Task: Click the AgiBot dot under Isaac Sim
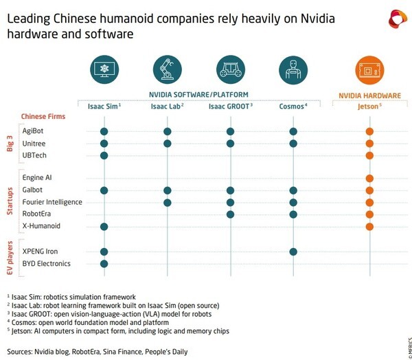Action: [104, 131]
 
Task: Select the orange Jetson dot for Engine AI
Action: [369, 179]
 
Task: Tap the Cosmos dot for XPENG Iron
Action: [293, 251]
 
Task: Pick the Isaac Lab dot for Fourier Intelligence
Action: [167, 203]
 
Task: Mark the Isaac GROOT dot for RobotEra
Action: [230, 214]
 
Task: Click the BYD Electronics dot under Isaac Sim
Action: [104, 264]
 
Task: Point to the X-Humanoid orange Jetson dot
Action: [369, 227]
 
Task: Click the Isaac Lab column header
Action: [167, 106]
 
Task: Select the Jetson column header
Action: [369, 106]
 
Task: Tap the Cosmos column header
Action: [293, 106]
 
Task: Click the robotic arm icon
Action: [168, 69]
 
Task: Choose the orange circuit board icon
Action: [369, 70]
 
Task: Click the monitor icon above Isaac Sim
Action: [104, 69]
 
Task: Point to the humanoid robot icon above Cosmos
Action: [293, 70]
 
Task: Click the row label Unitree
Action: [34, 144]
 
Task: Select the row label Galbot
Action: [32, 190]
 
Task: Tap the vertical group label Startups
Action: [10, 201]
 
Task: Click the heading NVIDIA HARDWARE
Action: [369, 95]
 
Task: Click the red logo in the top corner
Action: [398, 19]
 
